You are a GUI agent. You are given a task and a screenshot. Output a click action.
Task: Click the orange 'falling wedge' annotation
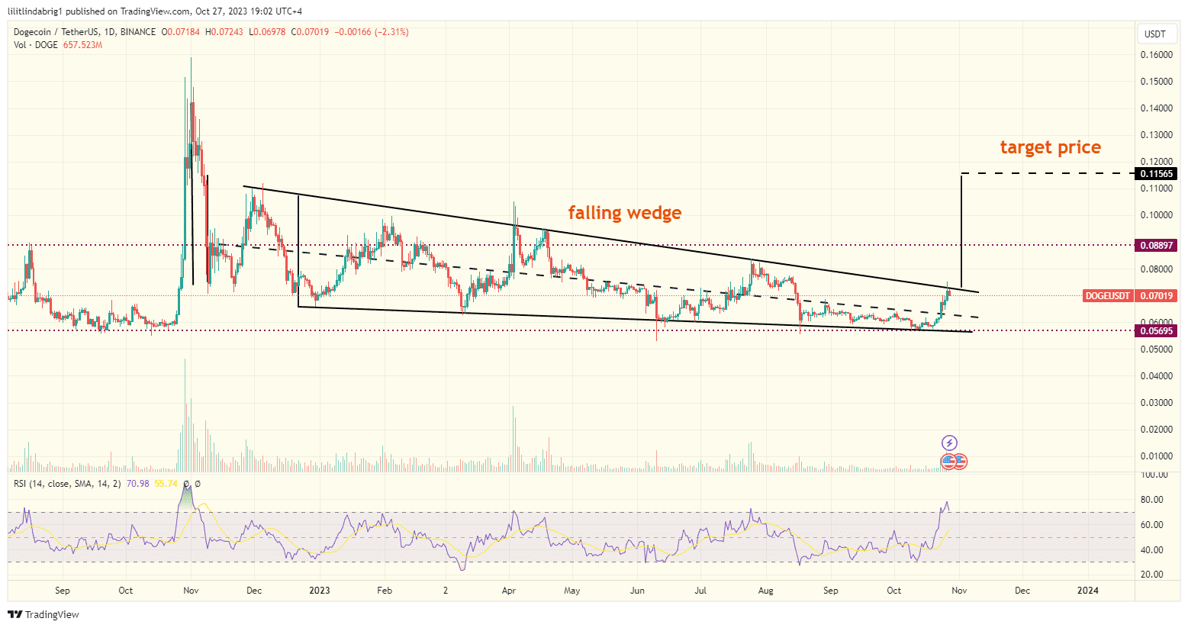coord(624,213)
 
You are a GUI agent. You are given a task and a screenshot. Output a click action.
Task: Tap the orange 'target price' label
coord(1050,147)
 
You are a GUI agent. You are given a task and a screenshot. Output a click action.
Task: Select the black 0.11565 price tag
coord(1157,174)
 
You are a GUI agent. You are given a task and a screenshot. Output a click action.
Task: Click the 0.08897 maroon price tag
coord(1157,246)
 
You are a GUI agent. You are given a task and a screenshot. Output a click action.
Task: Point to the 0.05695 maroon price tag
coord(1157,331)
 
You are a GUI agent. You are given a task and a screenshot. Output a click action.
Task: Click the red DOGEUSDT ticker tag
coord(1108,295)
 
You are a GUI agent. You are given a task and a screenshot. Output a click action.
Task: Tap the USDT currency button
coord(1155,34)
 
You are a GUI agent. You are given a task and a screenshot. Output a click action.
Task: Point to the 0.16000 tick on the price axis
coord(1157,55)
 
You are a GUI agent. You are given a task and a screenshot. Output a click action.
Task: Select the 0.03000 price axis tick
coord(1157,403)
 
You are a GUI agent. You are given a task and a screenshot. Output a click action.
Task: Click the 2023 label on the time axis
coord(319,591)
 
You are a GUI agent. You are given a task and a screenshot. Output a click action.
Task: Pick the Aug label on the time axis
coord(765,591)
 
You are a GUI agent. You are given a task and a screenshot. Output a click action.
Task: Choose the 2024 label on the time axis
coord(1087,591)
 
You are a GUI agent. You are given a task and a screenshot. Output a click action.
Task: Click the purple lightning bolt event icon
coord(949,443)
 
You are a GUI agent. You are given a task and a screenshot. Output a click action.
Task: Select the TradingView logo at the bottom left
coord(43,614)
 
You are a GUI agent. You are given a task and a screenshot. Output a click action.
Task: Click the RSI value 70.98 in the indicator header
coord(137,484)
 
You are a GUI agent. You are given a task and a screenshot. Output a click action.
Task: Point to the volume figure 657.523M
coord(82,45)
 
